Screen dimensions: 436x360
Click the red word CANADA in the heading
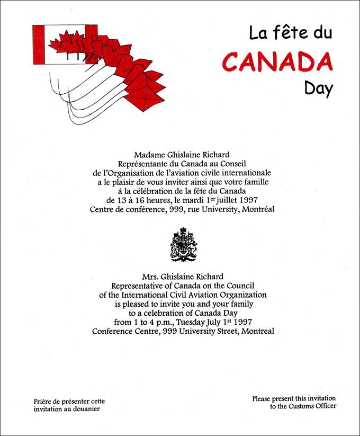(277, 61)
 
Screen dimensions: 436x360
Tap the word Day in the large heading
(318, 88)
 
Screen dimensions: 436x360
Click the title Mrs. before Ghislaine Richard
(152, 277)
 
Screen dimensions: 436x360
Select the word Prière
(42, 401)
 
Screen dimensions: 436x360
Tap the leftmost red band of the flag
(40, 44)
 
